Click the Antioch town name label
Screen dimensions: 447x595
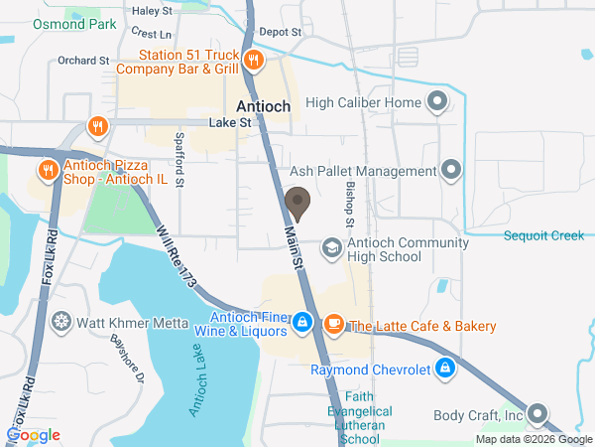pyautogui.click(x=264, y=106)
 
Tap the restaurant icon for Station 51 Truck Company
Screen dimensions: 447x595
pyautogui.click(x=253, y=61)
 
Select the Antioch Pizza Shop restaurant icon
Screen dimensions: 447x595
pyautogui.click(x=47, y=170)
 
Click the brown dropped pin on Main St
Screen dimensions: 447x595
pyautogui.click(x=297, y=204)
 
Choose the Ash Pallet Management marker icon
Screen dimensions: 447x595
pyautogui.click(x=451, y=170)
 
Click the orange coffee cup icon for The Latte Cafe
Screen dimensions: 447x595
pyautogui.click(x=333, y=323)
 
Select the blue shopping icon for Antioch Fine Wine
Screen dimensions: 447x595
pyautogui.click(x=303, y=322)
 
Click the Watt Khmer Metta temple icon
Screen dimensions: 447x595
pyautogui.click(x=61, y=322)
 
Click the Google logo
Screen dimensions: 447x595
pyautogui.click(x=33, y=435)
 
